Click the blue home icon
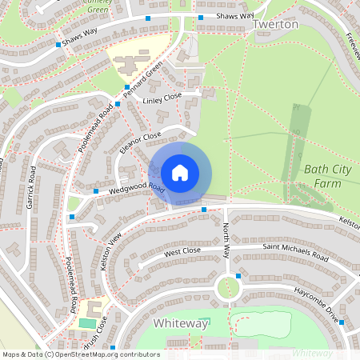[180, 172]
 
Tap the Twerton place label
[275, 25]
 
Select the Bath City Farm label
[328, 177]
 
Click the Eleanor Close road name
[141, 144]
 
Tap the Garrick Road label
[31, 189]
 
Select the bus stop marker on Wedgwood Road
[96, 192]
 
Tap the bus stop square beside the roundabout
[238, 277]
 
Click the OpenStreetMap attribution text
[81, 354]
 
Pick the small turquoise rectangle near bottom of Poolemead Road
[86, 323]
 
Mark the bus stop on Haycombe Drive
[342, 322]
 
